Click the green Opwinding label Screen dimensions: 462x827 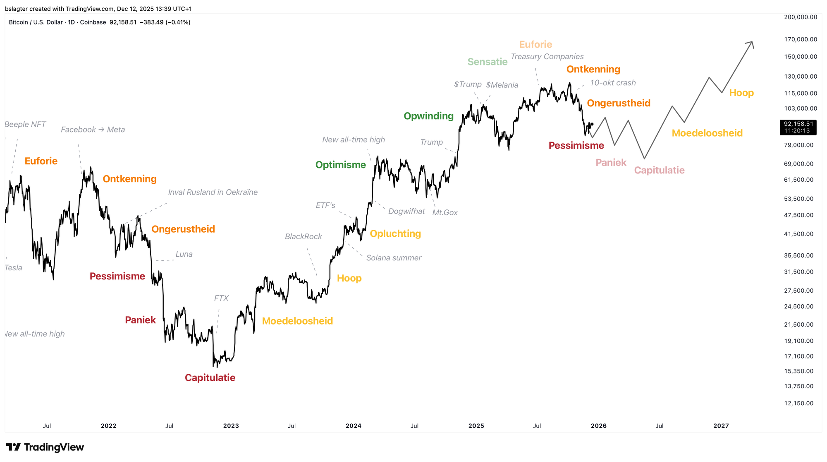(428, 116)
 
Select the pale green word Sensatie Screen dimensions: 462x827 (487, 62)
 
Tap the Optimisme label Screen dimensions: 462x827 (340, 165)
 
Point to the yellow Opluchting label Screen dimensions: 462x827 (395, 233)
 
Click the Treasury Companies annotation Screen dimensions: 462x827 (547, 57)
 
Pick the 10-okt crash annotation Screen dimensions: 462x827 (612, 83)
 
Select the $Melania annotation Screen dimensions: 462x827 (502, 85)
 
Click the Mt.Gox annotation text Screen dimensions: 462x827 (445, 212)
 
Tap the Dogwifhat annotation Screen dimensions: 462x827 (406, 212)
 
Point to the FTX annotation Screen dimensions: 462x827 (221, 298)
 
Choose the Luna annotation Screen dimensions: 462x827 (184, 254)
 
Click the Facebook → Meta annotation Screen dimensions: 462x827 (93, 130)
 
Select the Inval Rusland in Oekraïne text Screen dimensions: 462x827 (213, 192)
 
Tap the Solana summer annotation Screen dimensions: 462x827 (394, 258)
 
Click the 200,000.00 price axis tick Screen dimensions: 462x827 (800, 17)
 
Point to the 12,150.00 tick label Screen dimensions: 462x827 (798, 403)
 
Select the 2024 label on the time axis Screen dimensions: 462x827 (354, 426)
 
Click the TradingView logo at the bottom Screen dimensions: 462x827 (45, 447)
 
